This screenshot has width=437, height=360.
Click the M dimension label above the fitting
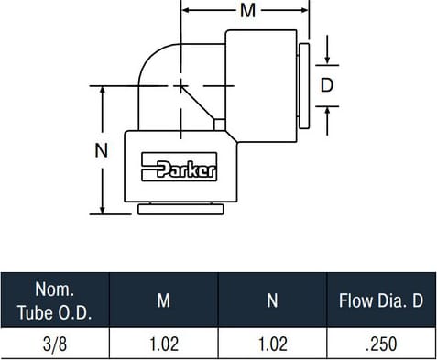point(247,11)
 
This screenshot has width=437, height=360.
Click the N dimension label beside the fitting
point(102,150)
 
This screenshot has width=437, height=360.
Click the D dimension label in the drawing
point(327,85)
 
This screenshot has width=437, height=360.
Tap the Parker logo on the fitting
point(180,167)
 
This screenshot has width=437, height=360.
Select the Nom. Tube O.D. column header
point(55,300)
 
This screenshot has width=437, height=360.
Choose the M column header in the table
point(164,300)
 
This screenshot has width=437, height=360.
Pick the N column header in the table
point(272,300)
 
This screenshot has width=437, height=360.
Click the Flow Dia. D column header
point(381,300)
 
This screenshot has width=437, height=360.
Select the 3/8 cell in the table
point(55,344)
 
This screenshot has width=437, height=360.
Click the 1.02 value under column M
point(164,344)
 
